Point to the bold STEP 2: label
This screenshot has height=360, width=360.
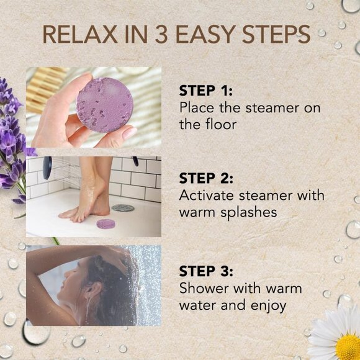(205, 179)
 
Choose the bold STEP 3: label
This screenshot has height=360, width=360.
(205, 271)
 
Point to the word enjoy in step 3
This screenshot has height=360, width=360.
(266, 305)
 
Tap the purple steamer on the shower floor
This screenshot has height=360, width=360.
(106, 223)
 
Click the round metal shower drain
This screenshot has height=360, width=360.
(123, 208)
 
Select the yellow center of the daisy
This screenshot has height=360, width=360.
(348, 346)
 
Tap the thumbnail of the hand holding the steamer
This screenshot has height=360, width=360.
(129, 132)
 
